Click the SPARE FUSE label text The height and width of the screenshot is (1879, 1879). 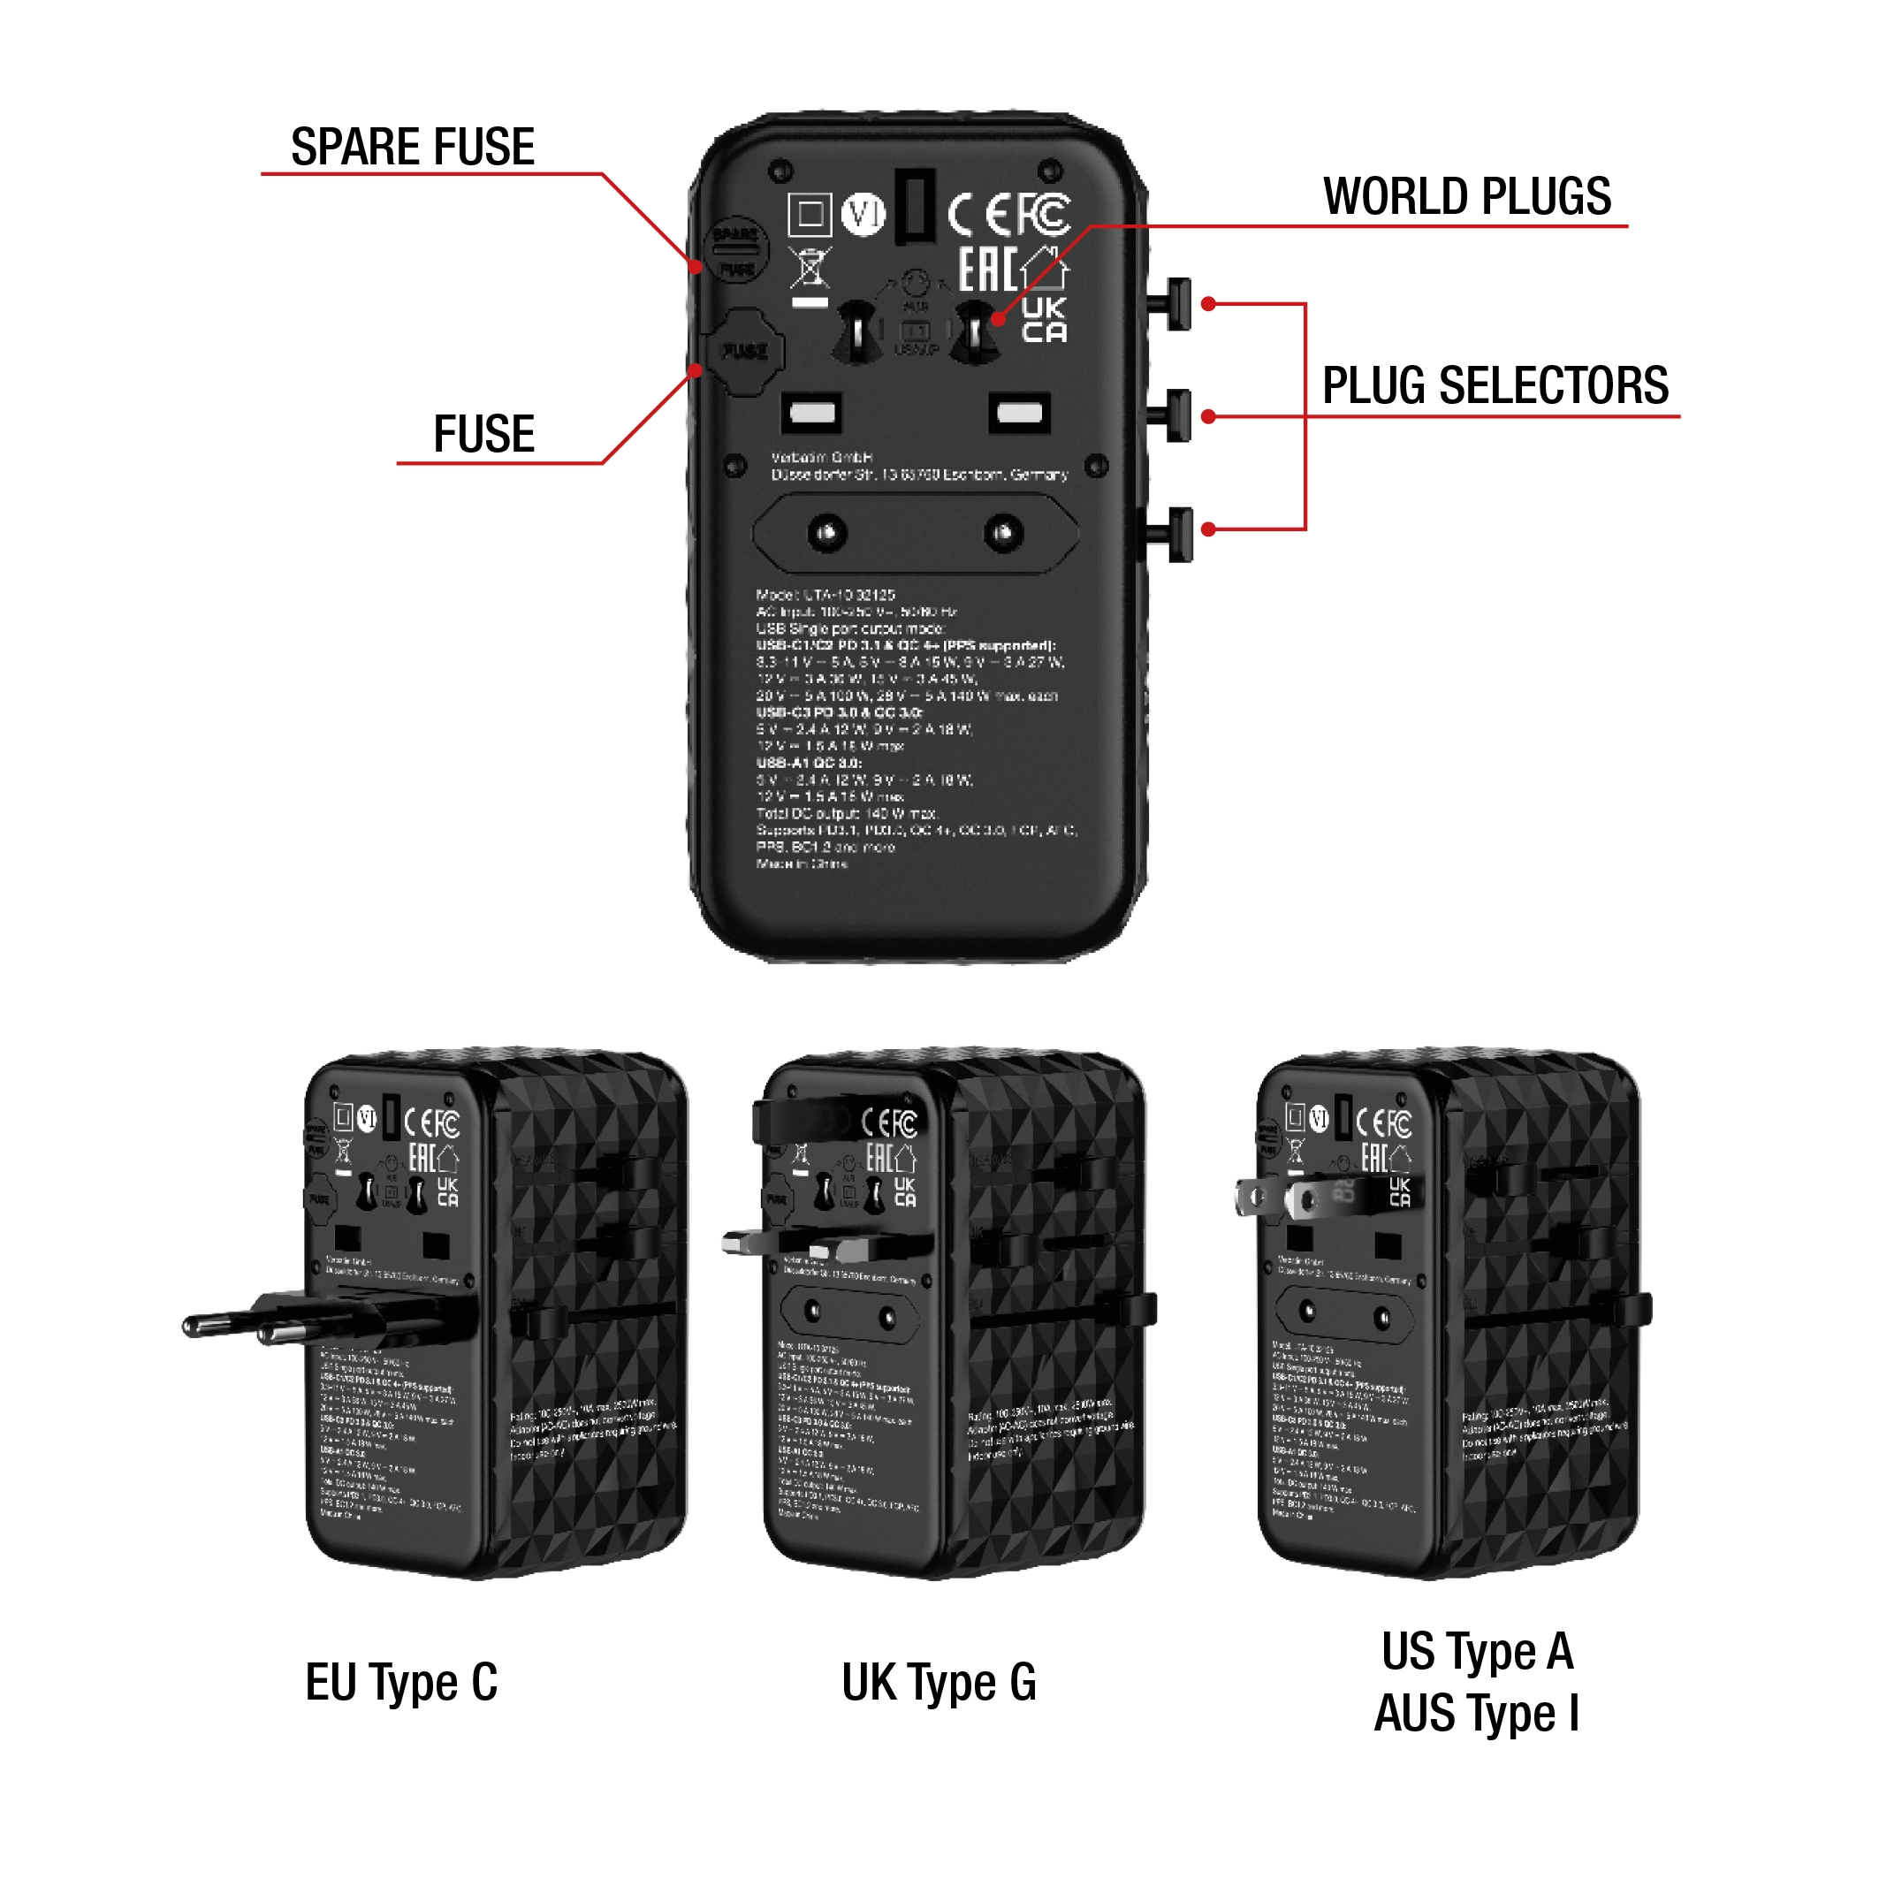pyautogui.click(x=413, y=147)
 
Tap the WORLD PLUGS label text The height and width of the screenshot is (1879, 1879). pyautogui.click(x=1466, y=196)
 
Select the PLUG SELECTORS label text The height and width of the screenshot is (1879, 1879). pyautogui.click(x=1495, y=385)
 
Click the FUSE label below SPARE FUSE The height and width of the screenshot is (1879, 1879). pyautogui.click(x=483, y=434)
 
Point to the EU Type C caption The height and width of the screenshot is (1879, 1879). pyautogui.click(x=400, y=1682)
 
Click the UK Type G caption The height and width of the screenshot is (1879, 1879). pyautogui.click(x=939, y=1682)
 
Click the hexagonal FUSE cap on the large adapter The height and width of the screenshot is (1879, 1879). pyautogui.click(x=744, y=351)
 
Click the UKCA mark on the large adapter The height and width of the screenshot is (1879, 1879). pyautogui.click(x=1044, y=320)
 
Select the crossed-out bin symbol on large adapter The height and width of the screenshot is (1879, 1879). pyautogui.click(x=810, y=269)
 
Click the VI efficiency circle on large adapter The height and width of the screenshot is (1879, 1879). pyautogui.click(x=863, y=214)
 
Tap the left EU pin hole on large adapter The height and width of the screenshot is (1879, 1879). pyautogui.click(x=826, y=533)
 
